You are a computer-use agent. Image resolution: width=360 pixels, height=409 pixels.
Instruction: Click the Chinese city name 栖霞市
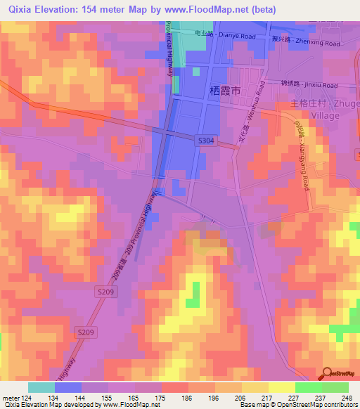point(226,91)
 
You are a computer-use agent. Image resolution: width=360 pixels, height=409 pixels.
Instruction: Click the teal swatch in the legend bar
point(41,387)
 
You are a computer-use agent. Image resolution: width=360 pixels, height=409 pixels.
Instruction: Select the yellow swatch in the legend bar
point(282,387)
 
